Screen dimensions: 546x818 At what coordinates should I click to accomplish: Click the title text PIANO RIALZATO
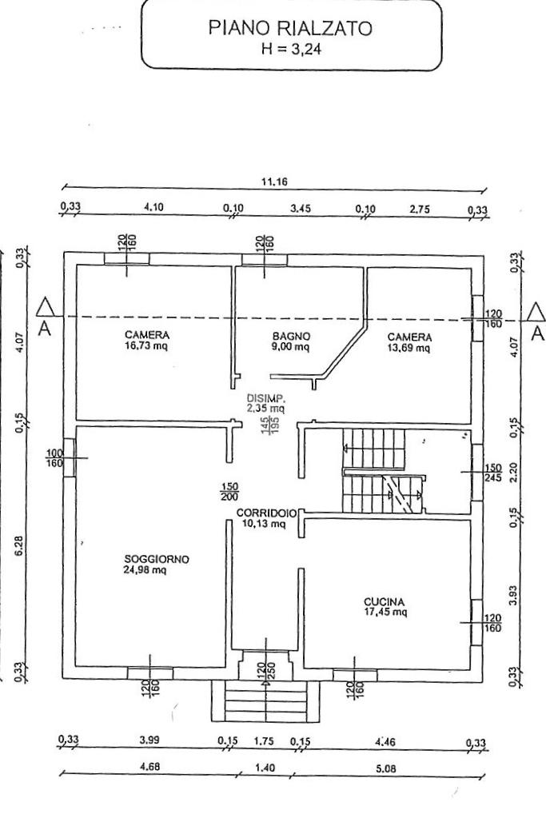291,29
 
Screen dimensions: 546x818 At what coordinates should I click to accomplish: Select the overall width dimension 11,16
273,182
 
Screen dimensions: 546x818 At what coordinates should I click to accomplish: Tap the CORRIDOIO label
267,513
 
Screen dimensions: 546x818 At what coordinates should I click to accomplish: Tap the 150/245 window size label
492,473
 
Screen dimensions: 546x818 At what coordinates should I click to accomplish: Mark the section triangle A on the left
46,307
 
